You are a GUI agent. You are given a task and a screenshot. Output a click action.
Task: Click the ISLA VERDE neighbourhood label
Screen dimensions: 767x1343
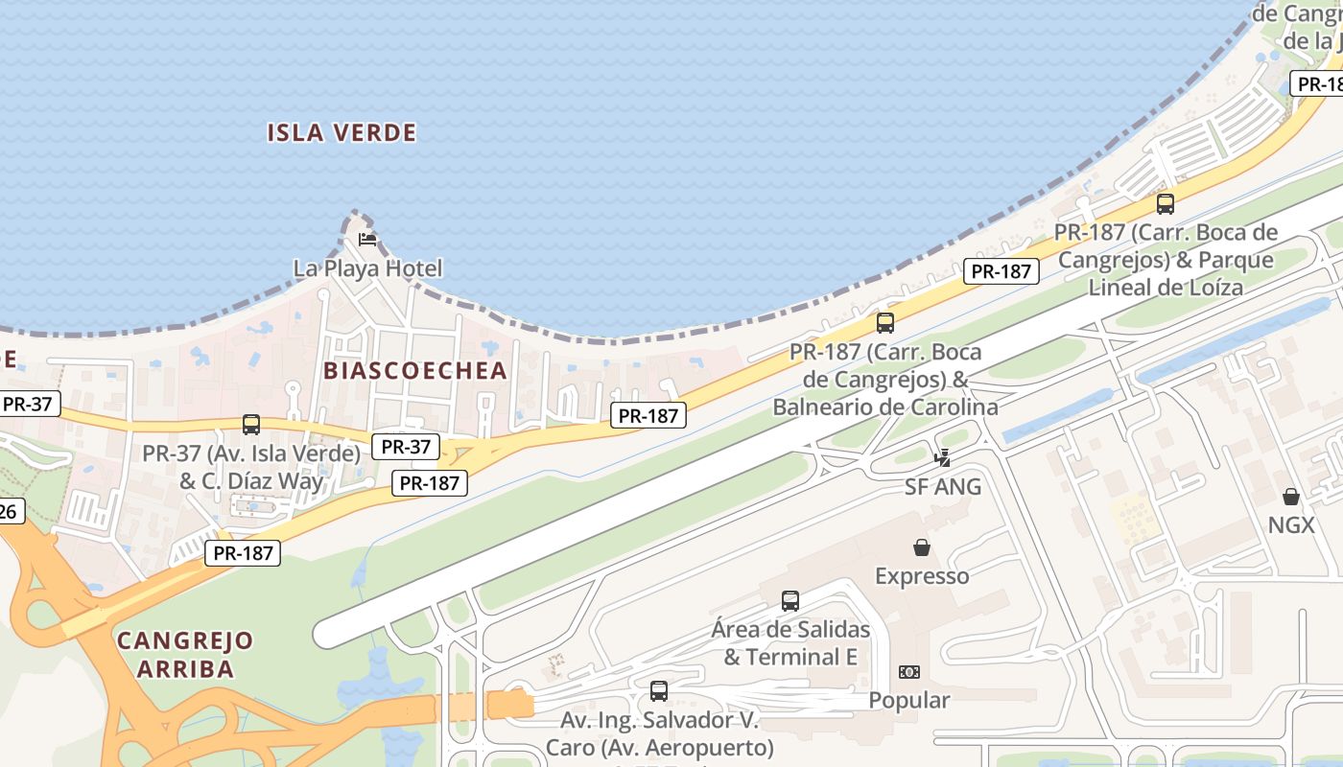click(342, 132)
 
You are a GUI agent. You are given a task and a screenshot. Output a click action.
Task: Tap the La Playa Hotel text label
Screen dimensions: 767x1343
click(367, 268)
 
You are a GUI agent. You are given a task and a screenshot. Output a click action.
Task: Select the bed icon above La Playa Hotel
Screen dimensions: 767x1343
click(367, 239)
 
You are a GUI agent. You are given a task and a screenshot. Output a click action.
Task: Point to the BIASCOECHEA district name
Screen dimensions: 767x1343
click(414, 370)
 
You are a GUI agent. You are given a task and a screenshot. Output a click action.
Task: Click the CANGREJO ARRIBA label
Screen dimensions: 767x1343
click(185, 654)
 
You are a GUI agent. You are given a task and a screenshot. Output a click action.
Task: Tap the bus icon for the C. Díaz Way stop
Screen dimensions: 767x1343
click(251, 424)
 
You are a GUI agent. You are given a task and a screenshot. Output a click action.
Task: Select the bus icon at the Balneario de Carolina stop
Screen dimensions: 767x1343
click(885, 323)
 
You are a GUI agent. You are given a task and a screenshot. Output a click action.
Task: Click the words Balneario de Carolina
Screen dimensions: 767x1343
click(885, 407)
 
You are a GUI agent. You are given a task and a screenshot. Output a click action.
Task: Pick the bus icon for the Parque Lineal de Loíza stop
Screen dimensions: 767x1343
click(1166, 203)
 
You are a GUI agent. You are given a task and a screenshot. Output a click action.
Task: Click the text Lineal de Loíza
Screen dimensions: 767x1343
click(1166, 287)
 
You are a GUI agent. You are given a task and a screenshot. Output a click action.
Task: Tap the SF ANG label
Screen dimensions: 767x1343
click(943, 487)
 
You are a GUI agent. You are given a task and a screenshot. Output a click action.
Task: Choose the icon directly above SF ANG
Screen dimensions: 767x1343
click(943, 458)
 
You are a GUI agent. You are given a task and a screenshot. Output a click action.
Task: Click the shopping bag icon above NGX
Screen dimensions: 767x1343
click(1291, 497)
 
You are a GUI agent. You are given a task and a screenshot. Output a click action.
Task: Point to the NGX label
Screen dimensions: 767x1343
click(1291, 524)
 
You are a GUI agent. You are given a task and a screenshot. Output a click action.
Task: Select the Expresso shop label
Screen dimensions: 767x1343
click(922, 576)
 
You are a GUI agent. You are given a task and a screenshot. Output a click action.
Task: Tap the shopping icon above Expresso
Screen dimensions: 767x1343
click(922, 547)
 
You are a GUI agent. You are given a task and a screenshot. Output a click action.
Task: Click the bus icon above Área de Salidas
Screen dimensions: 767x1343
click(790, 601)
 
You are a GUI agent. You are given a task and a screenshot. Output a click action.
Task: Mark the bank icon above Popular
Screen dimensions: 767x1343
click(909, 672)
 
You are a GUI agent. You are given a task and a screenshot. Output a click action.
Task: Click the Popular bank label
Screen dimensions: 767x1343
click(909, 701)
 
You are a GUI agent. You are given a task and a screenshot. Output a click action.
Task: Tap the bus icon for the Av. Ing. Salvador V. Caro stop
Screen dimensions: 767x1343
click(659, 690)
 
